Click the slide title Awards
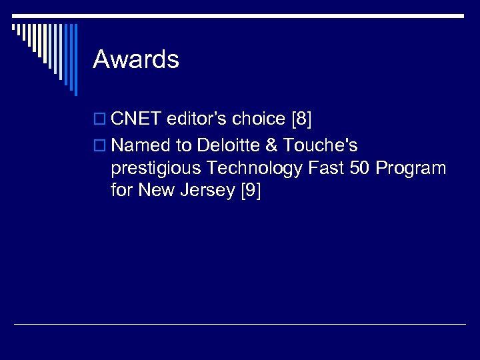tap(136, 60)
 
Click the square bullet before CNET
tap(101, 120)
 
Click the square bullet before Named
tap(101, 145)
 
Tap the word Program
tap(411, 169)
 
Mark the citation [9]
tap(249, 192)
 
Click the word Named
tap(141, 145)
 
